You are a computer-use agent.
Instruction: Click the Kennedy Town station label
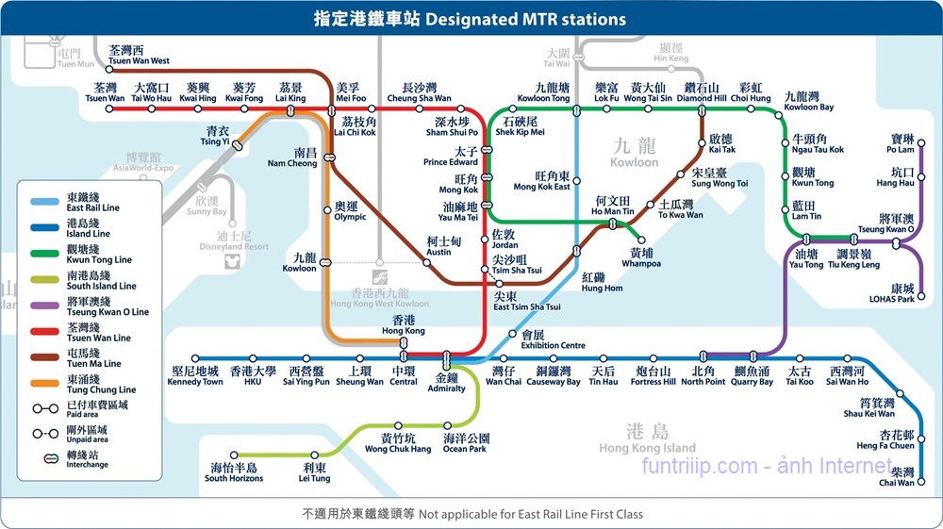click(195, 376)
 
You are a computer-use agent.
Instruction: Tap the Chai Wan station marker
click(921, 482)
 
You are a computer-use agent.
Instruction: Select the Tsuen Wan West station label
click(139, 56)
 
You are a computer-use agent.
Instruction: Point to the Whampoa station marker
click(641, 240)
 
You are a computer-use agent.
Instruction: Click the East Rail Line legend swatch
click(44, 202)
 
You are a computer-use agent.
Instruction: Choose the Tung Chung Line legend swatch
click(44, 384)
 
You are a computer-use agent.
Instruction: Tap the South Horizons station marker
click(234, 455)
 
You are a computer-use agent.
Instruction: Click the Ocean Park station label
click(466, 443)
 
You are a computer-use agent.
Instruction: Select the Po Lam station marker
click(920, 143)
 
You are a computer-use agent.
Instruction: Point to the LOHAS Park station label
click(892, 293)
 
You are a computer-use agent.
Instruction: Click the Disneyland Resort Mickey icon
click(232, 261)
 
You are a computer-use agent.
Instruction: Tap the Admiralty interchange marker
click(446, 360)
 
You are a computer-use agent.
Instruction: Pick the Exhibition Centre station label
click(553, 339)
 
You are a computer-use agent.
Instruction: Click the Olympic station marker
click(328, 210)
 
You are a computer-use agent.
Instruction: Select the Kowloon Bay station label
click(809, 101)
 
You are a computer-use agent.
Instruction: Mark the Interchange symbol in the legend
click(51, 458)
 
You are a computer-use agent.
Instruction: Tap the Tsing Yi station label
click(215, 136)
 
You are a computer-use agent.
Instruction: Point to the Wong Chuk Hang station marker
click(398, 425)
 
